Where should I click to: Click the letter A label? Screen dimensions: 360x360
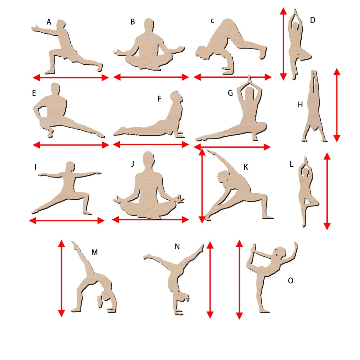pos(49,22)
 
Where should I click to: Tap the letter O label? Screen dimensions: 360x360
pos(290,280)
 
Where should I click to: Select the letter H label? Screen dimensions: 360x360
pos(300,104)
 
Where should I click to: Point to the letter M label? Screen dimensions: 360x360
pos(95,252)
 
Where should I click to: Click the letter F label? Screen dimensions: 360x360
pos(159,98)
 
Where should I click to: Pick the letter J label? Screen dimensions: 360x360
pos(133,164)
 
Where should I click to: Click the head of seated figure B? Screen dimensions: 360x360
pos(149,25)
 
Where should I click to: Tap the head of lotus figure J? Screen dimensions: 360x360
pos(148,159)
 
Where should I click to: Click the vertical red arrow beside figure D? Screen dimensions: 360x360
pos(283,44)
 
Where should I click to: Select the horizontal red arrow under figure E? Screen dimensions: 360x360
pos(71,145)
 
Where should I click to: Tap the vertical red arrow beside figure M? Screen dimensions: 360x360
pos(61,278)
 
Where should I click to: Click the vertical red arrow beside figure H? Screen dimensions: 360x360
pos(336,105)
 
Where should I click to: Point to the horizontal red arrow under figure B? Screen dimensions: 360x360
pos(151,77)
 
